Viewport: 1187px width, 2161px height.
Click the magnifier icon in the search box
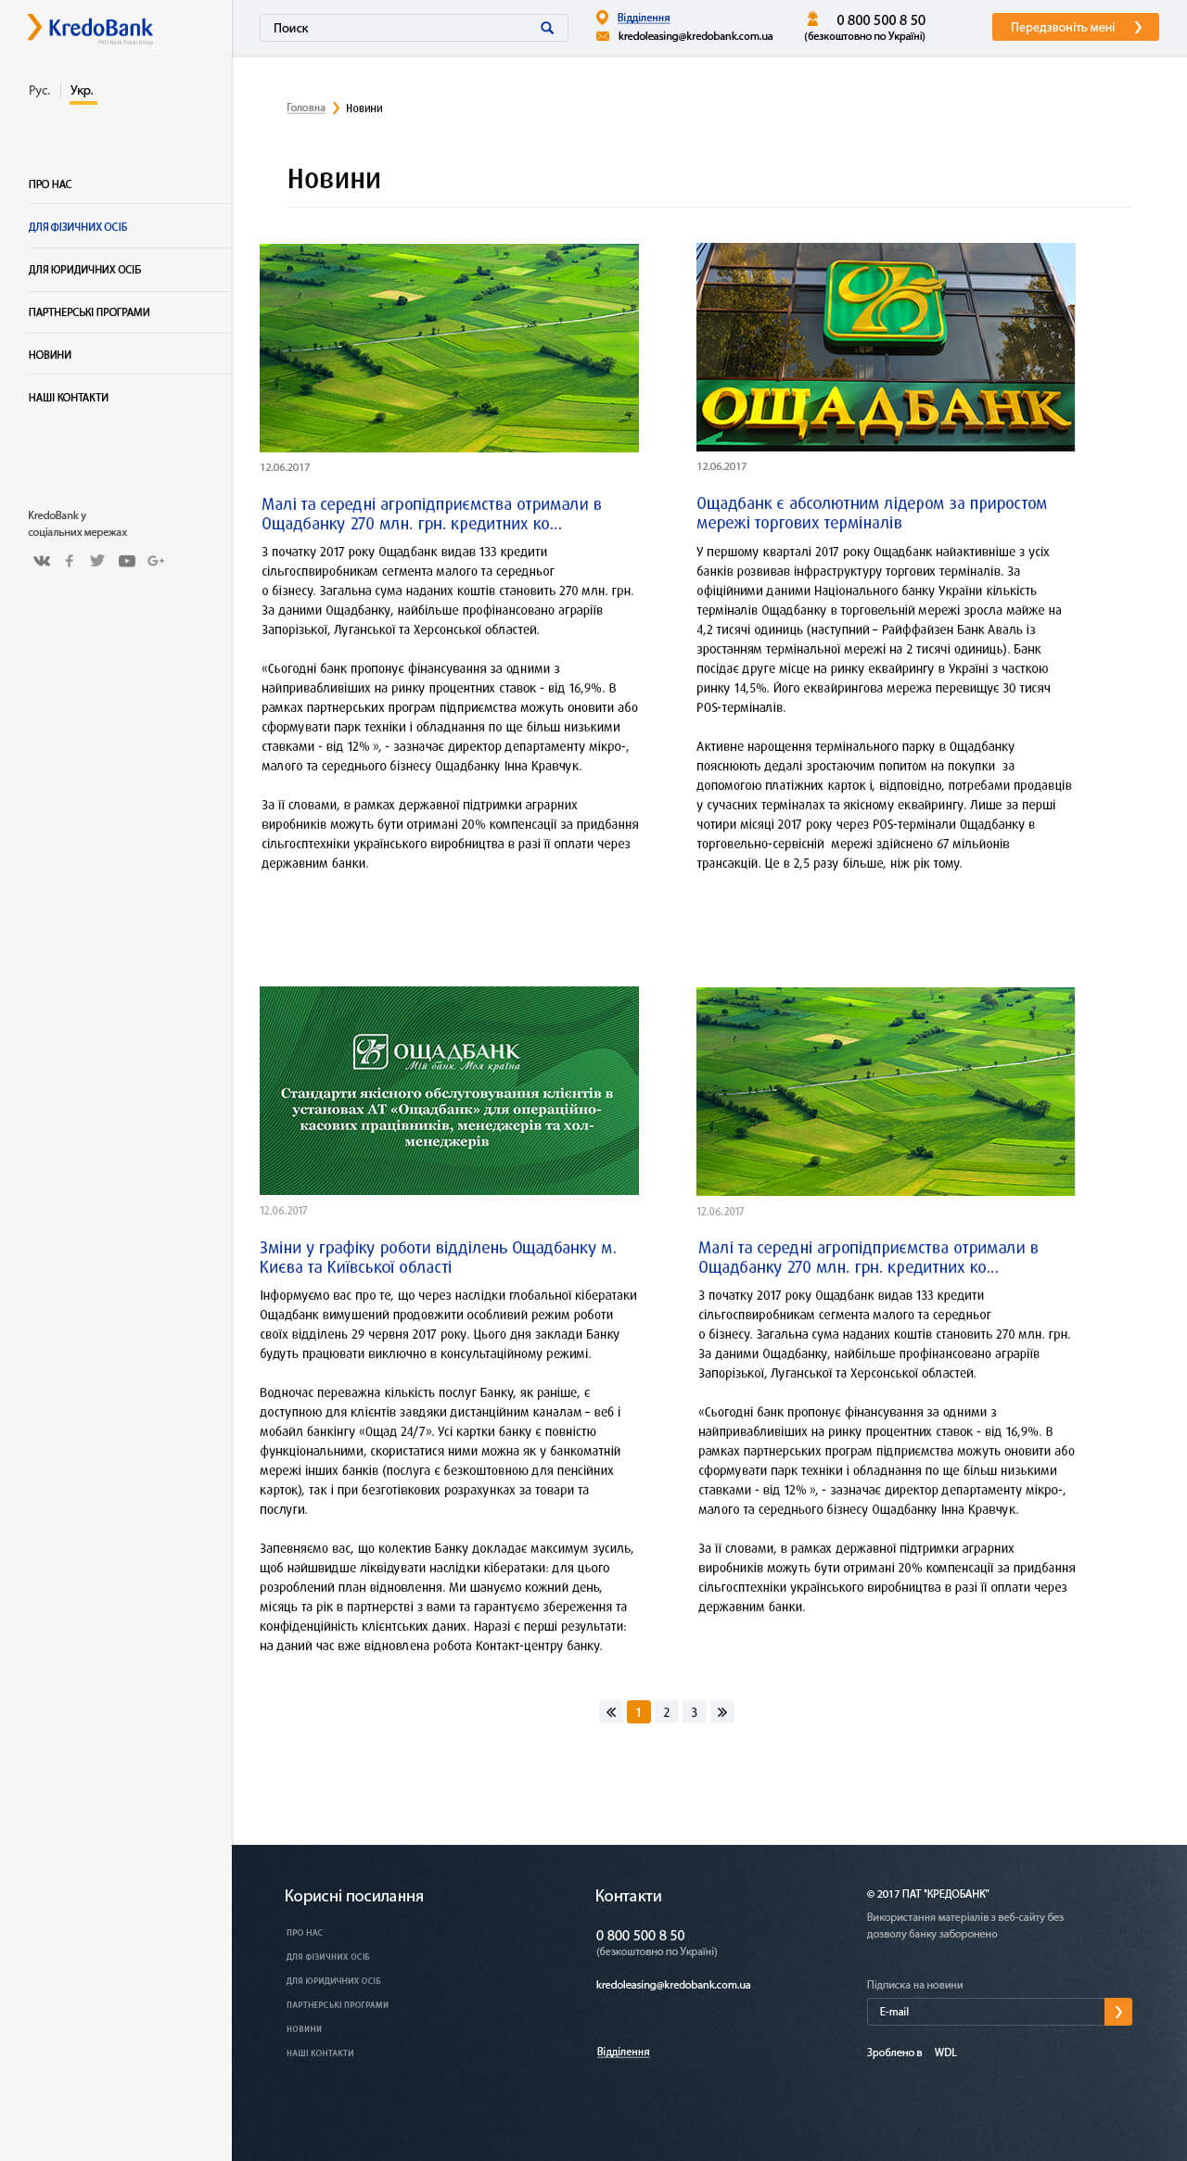point(547,28)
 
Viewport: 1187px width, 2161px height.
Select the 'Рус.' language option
point(39,90)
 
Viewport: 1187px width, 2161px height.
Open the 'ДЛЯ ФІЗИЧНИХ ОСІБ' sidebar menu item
point(78,227)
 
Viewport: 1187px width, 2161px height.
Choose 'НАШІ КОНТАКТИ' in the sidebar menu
point(69,398)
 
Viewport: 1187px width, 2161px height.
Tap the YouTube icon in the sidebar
point(127,561)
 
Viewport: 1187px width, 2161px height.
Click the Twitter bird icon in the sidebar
point(97,561)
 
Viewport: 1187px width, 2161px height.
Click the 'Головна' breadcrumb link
point(306,108)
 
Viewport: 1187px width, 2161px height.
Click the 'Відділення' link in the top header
point(644,18)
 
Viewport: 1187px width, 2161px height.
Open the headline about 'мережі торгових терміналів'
point(871,513)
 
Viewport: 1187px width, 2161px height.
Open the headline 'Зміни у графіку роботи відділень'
point(438,1257)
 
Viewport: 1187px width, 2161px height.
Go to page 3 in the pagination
point(694,1712)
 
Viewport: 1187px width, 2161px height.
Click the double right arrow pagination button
point(722,1712)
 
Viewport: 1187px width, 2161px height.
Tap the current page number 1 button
point(639,1712)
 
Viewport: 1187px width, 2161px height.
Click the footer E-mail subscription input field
point(985,2012)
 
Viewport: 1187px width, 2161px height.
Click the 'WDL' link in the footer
point(945,2053)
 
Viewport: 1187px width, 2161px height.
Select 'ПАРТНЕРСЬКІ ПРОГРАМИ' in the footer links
point(338,2004)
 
